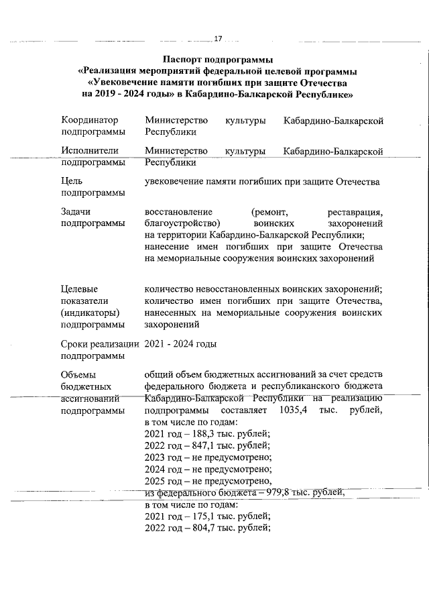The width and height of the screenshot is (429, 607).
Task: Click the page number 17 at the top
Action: click(x=217, y=38)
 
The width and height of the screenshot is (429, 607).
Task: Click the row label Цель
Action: click(x=72, y=182)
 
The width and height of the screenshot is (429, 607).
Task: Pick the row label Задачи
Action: click(x=75, y=211)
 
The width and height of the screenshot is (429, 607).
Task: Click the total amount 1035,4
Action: click(x=294, y=410)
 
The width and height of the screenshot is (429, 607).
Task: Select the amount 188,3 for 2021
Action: click(x=202, y=434)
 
